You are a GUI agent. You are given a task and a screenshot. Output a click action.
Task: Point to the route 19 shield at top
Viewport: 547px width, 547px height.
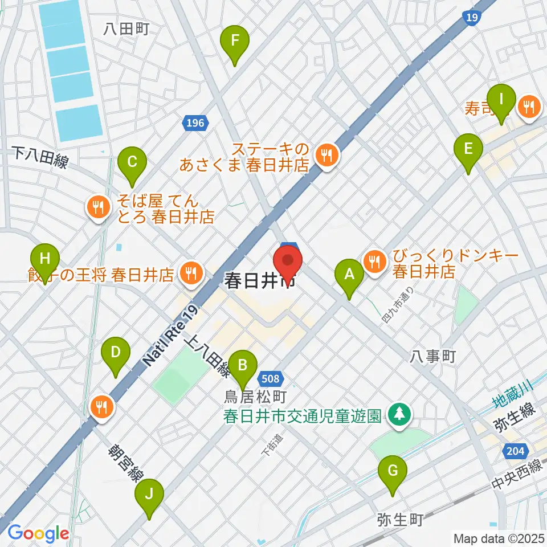click(x=471, y=18)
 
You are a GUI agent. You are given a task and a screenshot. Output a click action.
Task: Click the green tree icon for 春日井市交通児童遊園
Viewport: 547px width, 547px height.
click(x=400, y=414)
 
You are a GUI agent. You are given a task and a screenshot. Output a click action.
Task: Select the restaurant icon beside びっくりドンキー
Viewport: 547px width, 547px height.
click(x=374, y=262)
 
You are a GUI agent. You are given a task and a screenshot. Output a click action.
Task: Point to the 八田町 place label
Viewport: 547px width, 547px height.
click(x=126, y=29)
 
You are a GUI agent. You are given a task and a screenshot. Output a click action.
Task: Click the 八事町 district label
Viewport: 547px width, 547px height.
click(x=433, y=357)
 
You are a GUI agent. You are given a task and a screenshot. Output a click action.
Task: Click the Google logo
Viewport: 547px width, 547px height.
click(x=38, y=533)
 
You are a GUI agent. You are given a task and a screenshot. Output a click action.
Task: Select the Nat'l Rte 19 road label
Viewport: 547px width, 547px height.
click(x=171, y=336)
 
